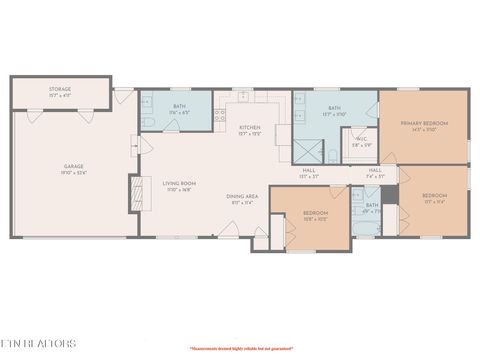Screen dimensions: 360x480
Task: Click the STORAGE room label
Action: pyautogui.click(x=60, y=91)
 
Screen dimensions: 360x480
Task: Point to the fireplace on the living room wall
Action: pyautogui.click(x=134, y=195)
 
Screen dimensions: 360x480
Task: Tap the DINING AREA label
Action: pyautogui.click(x=242, y=197)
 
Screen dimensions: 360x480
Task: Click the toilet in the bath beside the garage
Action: pyautogui.click(x=147, y=122)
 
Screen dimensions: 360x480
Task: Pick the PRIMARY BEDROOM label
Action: pyautogui.click(x=424, y=125)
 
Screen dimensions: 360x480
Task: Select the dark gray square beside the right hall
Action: pyautogui.click(x=390, y=194)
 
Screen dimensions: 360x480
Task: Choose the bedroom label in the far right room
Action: pyautogui.click(x=434, y=197)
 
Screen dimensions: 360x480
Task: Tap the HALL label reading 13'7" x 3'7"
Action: pyautogui.click(x=309, y=172)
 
